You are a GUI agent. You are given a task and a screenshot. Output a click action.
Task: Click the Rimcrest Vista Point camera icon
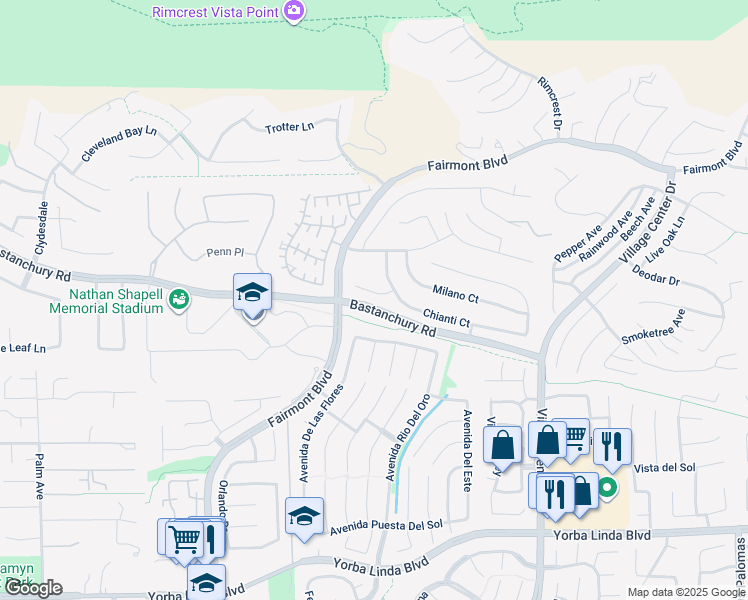click(294, 11)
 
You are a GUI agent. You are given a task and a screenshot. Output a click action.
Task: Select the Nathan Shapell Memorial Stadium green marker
click(179, 299)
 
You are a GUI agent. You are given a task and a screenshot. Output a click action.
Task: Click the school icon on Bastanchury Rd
click(252, 293)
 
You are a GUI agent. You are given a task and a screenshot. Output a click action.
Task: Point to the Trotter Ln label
click(289, 127)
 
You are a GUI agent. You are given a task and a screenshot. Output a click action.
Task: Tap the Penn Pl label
click(225, 252)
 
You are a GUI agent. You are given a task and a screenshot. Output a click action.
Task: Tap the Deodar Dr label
click(655, 282)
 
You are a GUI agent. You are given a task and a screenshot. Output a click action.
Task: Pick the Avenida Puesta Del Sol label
click(386, 524)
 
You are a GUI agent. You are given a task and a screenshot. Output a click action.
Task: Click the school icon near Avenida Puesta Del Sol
click(304, 516)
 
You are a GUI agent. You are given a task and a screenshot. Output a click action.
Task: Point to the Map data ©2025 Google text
click(685, 592)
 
